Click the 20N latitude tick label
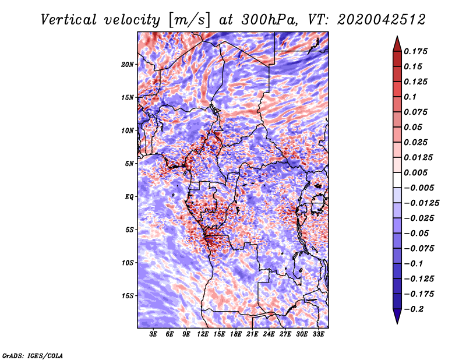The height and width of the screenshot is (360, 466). tap(128, 65)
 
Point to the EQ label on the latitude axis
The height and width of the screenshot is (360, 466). tap(129, 197)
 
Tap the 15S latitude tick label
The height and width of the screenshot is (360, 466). tap(128, 296)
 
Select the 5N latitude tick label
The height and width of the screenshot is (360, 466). tap(129, 164)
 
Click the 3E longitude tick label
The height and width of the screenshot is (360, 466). tap(153, 334)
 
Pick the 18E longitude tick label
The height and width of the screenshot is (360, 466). tap(236, 334)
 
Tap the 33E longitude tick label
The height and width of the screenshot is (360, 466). tap(318, 334)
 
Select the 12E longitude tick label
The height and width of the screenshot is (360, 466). tap(203, 334)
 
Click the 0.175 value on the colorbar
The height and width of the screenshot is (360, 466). tap(415, 51)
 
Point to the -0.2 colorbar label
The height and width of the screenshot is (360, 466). tap(414, 309)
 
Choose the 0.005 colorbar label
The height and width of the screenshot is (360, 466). tap(415, 172)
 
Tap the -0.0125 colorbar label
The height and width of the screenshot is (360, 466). tap(421, 203)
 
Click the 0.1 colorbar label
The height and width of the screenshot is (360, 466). tap(410, 97)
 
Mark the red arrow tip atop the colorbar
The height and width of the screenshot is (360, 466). tap(397, 36)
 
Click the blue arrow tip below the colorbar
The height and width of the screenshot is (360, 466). tap(397, 323)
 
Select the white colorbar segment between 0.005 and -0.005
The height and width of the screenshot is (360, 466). tap(397, 180)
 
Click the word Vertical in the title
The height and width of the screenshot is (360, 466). tap(69, 20)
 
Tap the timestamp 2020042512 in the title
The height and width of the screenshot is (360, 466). tap(382, 20)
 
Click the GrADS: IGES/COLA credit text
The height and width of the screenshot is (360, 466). tap(33, 355)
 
